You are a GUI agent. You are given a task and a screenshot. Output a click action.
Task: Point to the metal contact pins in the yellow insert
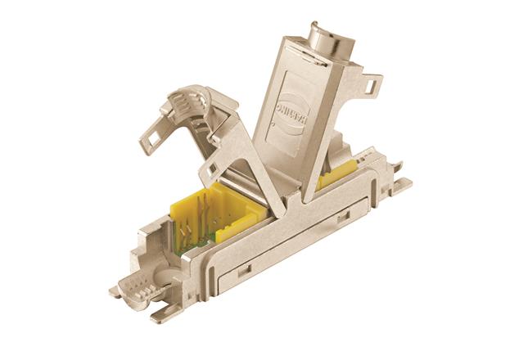215,221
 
